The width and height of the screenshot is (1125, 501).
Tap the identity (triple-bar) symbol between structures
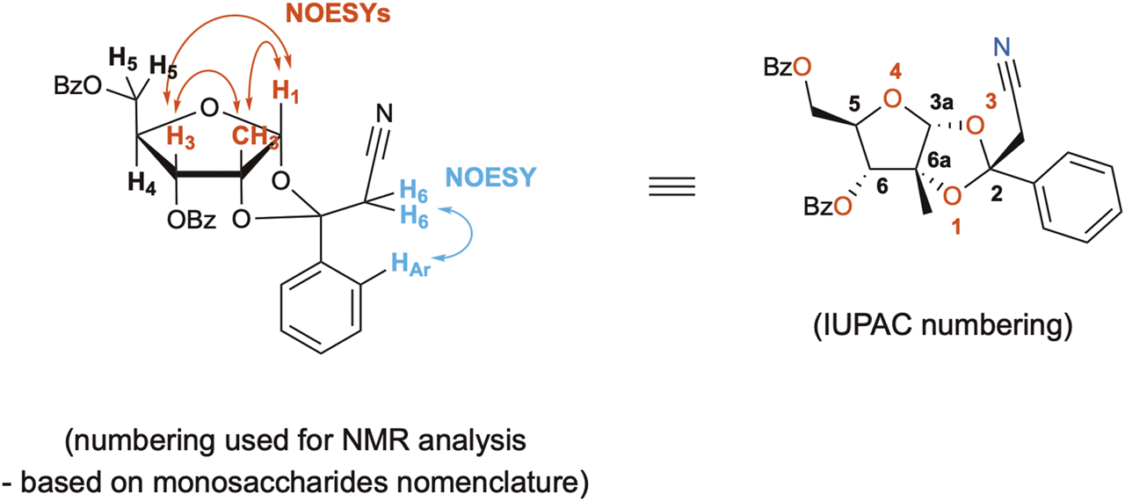[x=679, y=187]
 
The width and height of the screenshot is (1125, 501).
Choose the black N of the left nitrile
[x=383, y=113]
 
